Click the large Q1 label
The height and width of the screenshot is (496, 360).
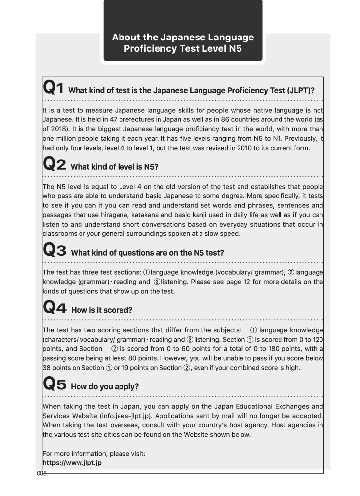(53, 89)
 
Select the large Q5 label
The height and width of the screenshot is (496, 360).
(55, 385)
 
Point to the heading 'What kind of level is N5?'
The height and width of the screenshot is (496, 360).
(114, 167)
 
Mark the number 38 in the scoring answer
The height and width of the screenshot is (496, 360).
(47, 368)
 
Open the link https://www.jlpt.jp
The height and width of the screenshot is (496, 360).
(72, 463)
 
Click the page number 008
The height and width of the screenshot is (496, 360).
(41, 474)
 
